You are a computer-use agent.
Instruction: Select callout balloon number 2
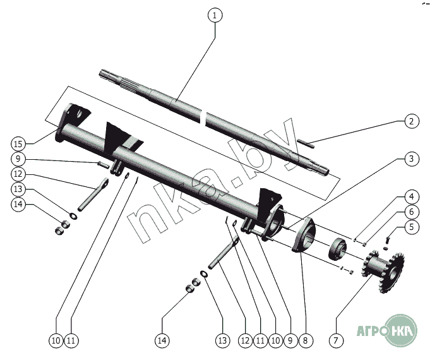411,121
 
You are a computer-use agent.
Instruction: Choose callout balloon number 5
411,227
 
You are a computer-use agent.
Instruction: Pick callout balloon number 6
411,211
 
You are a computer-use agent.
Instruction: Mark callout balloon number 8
305,340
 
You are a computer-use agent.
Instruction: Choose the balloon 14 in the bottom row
163,340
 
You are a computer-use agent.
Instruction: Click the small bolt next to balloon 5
388,237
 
